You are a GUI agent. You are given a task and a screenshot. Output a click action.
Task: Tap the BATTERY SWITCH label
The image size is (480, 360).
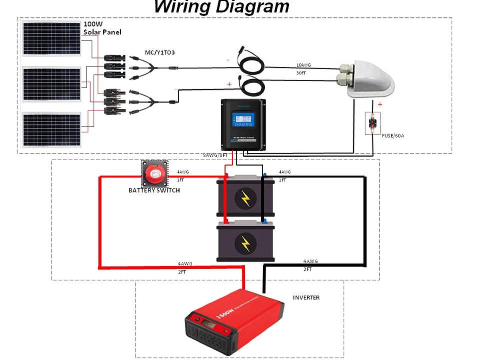click(154, 190)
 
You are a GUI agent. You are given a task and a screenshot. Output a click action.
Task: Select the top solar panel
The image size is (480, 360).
click(51, 38)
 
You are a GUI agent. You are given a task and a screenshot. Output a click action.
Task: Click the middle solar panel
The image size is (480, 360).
click(51, 84)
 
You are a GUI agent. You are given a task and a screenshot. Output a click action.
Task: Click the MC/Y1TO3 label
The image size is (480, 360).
click(160, 53)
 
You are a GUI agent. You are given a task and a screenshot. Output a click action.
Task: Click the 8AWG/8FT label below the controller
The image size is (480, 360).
click(215, 155)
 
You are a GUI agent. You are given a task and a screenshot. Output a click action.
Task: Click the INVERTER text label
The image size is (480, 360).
click(306, 298)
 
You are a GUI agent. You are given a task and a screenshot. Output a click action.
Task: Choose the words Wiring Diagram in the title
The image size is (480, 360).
click(222, 7)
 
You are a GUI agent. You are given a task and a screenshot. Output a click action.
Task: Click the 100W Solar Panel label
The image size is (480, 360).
click(102, 28)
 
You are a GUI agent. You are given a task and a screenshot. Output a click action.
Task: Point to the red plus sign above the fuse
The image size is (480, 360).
click(380, 104)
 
